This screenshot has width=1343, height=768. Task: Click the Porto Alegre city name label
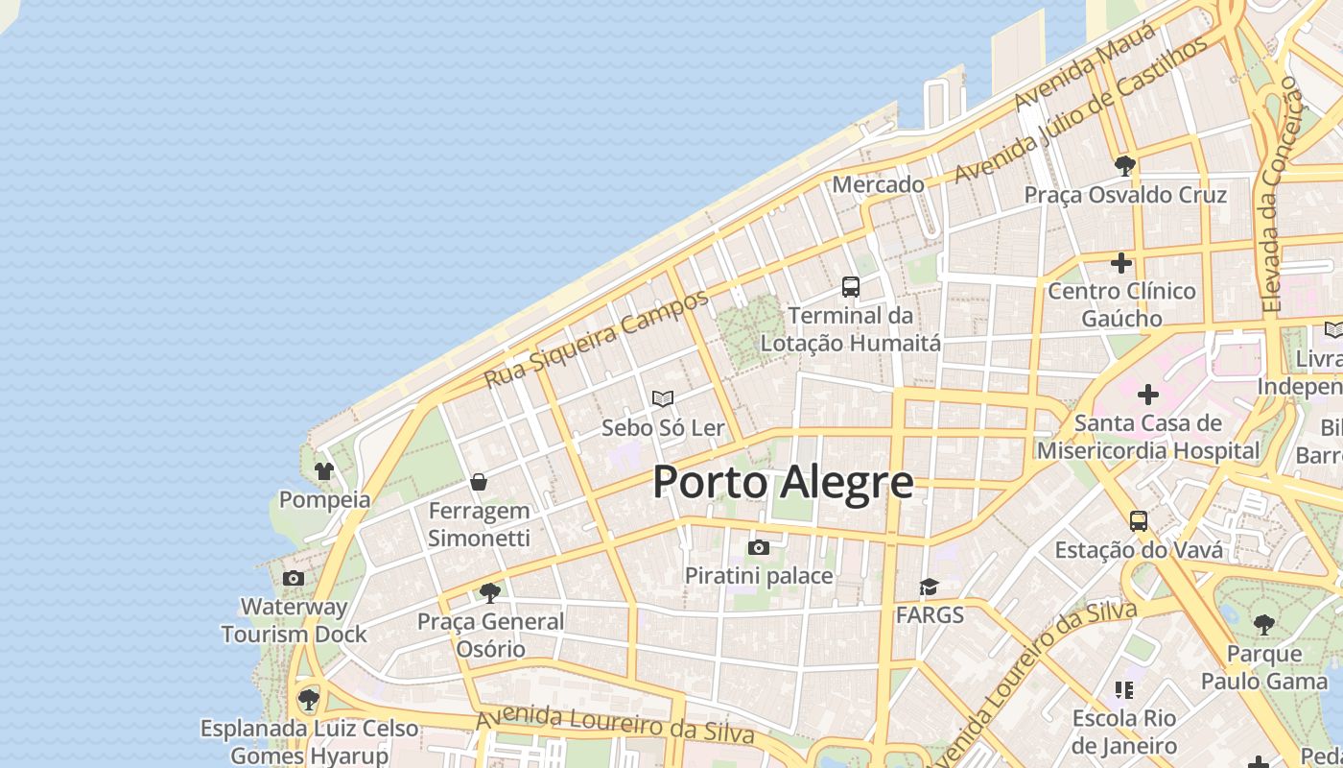point(783,482)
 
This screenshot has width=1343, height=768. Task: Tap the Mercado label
point(878,184)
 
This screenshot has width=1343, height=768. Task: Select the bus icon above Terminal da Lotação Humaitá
point(851,286)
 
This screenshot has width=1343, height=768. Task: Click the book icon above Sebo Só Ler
point(663,398)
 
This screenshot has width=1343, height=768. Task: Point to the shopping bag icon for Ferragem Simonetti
point(479,482)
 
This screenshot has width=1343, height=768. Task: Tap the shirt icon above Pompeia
point(324,471)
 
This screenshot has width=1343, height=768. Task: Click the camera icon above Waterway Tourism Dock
point(294,578)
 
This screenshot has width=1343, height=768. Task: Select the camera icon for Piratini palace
point(759,547)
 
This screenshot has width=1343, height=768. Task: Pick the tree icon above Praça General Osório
point(490,592)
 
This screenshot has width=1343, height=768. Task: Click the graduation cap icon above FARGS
point(929,587)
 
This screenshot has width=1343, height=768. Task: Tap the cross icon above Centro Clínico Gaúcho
point(1121,262)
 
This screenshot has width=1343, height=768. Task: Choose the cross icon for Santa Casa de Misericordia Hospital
point(1148,395)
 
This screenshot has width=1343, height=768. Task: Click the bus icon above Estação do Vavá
point(1139,521)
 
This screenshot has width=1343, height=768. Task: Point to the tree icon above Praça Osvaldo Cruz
point(1125,166)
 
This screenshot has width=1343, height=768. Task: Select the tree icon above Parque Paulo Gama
point(1264,625)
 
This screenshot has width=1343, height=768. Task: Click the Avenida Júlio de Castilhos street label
point(1081,111)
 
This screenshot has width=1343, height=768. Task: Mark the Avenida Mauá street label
point(1072,77)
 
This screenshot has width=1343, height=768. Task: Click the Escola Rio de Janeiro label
point(1124,732)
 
